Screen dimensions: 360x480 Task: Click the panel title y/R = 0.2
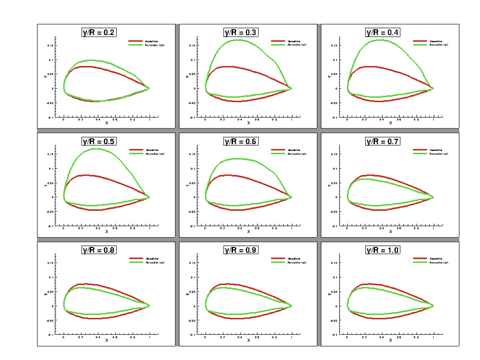tap(99, 32)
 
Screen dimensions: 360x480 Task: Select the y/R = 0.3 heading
tap(241, 32)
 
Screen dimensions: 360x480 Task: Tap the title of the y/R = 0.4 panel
tap(382, 32)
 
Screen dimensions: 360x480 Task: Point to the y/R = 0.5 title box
tap(99, 141)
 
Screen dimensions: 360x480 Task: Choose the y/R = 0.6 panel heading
tap(241, 141)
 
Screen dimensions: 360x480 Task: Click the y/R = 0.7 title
tap(382, 141)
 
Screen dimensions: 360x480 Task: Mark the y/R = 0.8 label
tap(99, 250)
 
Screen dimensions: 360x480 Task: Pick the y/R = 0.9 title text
tap(241, 250)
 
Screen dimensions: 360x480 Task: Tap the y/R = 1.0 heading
tap(382, 250)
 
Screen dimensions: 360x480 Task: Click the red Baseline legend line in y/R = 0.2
tap(135, 41)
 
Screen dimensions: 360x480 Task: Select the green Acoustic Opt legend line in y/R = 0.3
tap(277, 45)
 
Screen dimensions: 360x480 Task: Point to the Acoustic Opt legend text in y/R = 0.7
tap(438, 153)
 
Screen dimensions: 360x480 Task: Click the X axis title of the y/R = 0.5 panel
tap(106, 231)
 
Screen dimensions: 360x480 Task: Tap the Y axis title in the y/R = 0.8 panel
tap(45, 294)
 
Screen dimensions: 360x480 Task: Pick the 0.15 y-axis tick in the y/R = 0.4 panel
tap(333, 45)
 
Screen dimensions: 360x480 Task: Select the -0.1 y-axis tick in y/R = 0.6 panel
tap(191, 226)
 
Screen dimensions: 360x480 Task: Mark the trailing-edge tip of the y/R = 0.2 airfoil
tap(150, 88)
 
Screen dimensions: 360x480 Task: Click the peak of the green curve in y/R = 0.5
tap(96, 149)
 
